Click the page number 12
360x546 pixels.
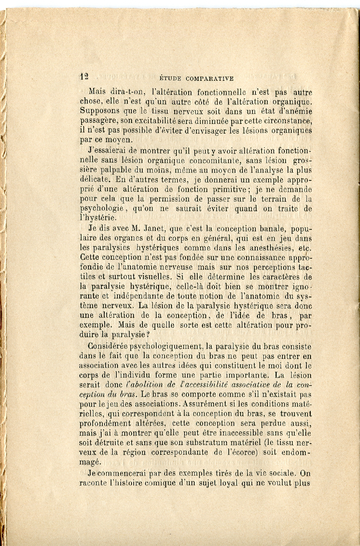tap(84, 76)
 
